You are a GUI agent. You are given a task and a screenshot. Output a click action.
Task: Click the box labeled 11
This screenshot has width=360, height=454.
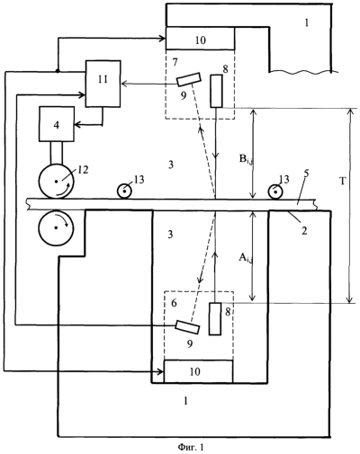click(103, 84)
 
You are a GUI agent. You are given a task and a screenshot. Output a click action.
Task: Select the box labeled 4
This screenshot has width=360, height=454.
click(57, 124)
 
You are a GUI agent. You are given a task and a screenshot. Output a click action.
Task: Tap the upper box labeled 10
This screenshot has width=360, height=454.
click(200, 39)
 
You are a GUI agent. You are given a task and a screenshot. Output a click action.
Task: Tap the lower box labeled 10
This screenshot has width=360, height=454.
click(198, 371)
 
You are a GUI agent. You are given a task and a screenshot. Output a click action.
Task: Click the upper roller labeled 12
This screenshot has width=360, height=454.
click(56, 182)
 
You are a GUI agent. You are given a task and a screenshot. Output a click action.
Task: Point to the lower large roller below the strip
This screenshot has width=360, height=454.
click(56, 227)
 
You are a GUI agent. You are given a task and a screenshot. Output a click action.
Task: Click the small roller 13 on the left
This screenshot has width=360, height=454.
click(124, 191)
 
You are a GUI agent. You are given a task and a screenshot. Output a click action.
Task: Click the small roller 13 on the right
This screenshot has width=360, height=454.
click(275, 191)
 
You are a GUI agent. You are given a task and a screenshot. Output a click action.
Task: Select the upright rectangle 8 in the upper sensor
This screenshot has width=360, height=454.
click(216, 91)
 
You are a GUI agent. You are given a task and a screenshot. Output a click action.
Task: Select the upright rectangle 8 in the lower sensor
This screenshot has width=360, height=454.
click(215, 318)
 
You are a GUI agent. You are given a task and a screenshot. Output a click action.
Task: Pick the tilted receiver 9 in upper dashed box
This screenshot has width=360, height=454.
click(188, 80)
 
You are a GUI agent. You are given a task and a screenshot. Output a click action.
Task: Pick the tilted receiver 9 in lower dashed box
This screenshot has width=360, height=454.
click(188, 326)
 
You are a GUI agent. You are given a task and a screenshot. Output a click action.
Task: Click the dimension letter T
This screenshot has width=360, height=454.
click(343, 181)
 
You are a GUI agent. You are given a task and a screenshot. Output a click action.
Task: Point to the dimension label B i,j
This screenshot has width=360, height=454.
click(246, 160)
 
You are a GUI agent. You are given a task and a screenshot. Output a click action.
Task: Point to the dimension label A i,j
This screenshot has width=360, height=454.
click(246, 258)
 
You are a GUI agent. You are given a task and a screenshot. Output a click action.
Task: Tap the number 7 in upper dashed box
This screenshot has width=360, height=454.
click(175, 63)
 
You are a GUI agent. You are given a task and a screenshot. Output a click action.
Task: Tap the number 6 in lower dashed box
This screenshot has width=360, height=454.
click(174, 303)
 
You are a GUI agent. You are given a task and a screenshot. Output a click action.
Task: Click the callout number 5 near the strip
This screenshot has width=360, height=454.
click(301, 174)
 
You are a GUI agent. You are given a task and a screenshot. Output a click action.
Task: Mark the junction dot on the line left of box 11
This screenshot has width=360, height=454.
click(58, 71)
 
